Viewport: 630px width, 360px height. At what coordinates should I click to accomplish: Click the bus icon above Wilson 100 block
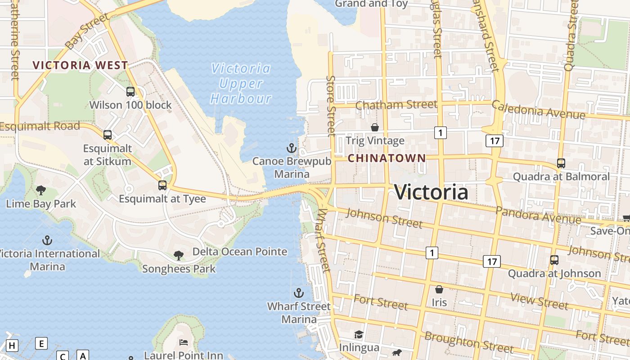pos(130,92)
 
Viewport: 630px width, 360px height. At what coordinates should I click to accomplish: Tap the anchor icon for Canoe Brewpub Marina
pos(292,148)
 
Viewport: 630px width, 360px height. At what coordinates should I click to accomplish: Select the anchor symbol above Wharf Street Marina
pos(298,293)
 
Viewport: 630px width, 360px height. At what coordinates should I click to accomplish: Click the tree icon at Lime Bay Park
pos(41,190)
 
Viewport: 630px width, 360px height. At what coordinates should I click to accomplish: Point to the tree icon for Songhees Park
pos(179,256)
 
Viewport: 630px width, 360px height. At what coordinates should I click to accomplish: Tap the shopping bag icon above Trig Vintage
pos(374,128)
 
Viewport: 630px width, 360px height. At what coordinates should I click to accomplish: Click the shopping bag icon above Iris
pos(439,289)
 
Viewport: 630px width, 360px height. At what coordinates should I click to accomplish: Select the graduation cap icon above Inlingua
pos(359,334)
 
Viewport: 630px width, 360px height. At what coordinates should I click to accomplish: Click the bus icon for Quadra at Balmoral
pos(561,163)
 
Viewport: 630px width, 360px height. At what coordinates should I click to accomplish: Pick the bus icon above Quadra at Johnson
pos(554,260)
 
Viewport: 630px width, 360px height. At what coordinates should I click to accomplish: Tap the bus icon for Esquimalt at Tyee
pos(162,185)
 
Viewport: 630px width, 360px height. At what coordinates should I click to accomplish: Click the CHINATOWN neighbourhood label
pos(387,158)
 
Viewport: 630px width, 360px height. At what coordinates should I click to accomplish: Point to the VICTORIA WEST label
pos(81,65)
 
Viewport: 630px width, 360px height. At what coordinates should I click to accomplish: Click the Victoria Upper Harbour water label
pos(241,83)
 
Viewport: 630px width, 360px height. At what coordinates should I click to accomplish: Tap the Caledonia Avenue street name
pos(538,110)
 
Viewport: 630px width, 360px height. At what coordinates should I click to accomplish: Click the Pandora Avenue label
pos(538,215)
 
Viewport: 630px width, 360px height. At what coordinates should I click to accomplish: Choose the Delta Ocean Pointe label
pos(240,252)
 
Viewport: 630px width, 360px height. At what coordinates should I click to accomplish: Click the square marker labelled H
pos(12,346)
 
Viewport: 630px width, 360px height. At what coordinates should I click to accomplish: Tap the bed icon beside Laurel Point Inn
pos(184,342)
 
